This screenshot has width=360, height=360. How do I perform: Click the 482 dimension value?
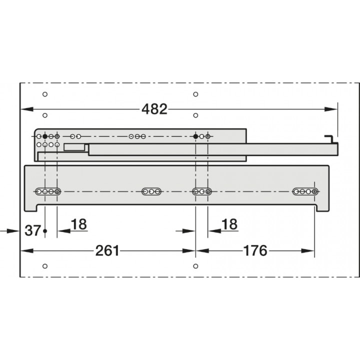coord(154,109)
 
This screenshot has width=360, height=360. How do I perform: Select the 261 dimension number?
coord(107,250)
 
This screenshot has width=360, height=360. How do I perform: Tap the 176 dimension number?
coord(255,250)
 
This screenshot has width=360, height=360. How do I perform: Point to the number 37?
coord(33,230)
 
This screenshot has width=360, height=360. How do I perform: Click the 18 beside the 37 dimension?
coord(79,224)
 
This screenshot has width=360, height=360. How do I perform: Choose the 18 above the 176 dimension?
coord(229,224)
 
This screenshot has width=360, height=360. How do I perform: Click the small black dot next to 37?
coord(45,230)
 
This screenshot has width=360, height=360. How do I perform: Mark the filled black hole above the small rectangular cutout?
coord(45,136)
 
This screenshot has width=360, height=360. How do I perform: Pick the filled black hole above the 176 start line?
coord(195,136)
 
